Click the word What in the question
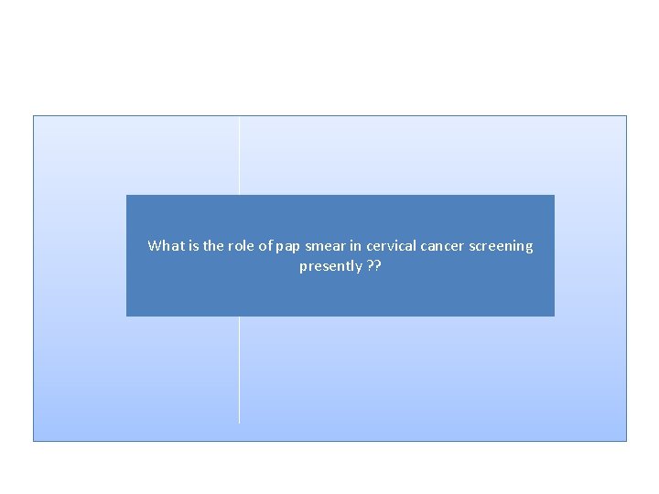(x=165, y=246)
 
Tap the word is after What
(x=192, y=246)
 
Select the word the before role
(x=213, y=246)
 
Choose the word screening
(x=502, y=247)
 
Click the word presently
(x=330, y=267)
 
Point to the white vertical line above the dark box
(x=239, y=156)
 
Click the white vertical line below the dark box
(x=239, y=370)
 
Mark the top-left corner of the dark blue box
(x=127, y=196)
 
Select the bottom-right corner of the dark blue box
(x=554, y=316)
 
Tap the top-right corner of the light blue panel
(x=626, y=116)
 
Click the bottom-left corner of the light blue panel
(x=34, y=440)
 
